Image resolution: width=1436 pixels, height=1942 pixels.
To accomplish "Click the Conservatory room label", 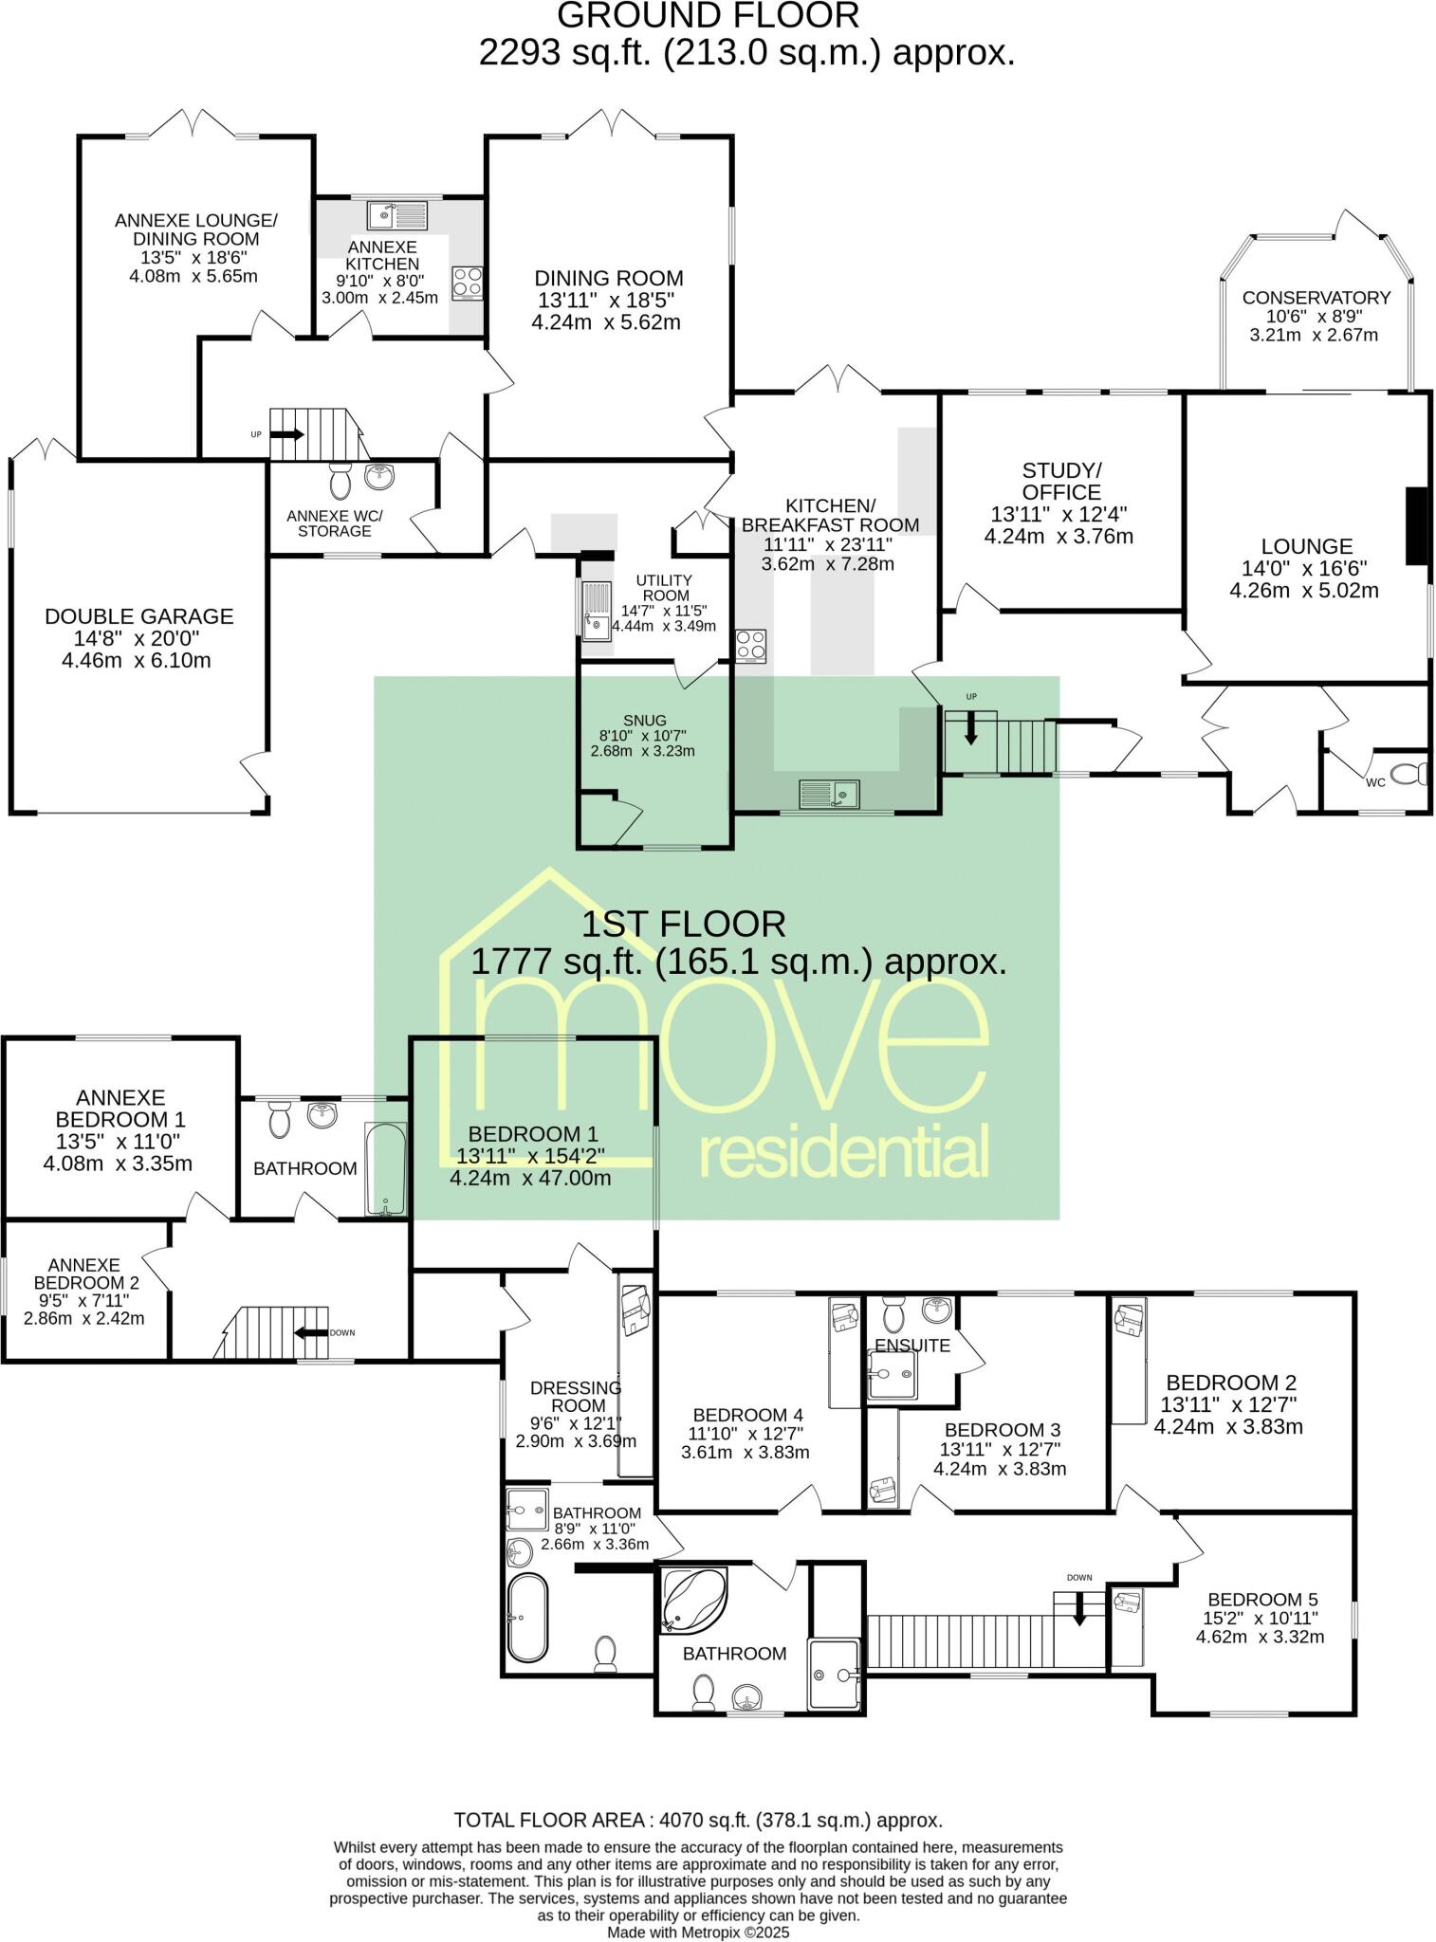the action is (x=1316, y=298).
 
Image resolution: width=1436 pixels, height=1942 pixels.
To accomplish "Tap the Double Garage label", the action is (x=138, y=616).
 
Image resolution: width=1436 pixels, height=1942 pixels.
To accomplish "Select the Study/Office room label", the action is (x=1061, y=481).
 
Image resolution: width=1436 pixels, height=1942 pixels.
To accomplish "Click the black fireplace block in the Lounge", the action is (x=1417, y=526).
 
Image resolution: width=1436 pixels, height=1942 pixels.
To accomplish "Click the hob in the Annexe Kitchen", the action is (x=467, y=283).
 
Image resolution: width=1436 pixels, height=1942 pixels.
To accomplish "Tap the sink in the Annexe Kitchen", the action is (x=397, y=216).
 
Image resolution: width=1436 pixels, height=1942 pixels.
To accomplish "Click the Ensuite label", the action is (x=911, y=1345).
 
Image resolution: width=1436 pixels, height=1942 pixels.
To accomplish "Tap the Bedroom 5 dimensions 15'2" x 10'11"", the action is (x=1262, y=1618).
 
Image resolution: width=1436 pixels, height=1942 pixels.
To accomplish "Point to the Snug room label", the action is (x=645, y=720).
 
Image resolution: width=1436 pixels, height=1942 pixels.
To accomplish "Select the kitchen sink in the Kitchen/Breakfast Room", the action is (x=829, y=792).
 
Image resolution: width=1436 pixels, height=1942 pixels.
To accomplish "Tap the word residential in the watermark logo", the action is (x=843, y=1153).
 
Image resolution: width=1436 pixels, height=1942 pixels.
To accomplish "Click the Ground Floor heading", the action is (x=708, y=16).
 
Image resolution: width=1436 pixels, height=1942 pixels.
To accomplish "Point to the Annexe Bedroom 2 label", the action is (x=83, y=1273).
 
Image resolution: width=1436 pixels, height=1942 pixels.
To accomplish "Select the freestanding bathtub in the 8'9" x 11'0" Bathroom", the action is (x=526, y=1616).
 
